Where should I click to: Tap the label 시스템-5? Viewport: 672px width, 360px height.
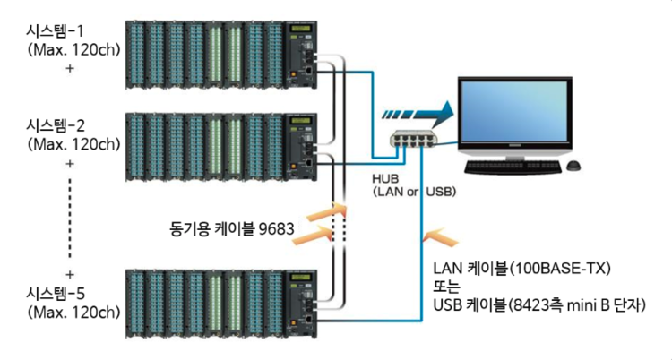(x=58, y=294)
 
